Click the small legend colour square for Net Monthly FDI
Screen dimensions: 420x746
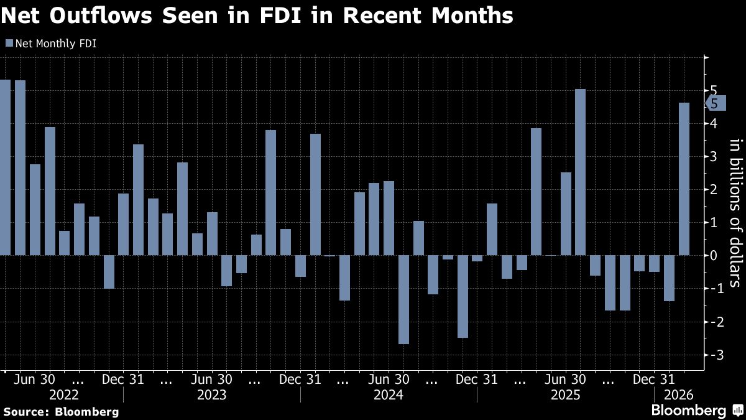pyautogui.click(x=8, y=44)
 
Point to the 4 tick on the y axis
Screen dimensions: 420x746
pyautogui.click(x=713, y=123)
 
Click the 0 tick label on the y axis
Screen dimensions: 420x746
pyautogui.click(x=713, y=255)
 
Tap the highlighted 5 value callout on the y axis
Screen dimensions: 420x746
pyautogui.click(x=715, y=103)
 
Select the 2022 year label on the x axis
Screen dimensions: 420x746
pyautogui.click(x=64, y=394)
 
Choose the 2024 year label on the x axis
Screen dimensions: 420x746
pyautogui.click(x=389, y=394)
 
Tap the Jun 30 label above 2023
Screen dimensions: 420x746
pyautogui.click(x=212, y=380)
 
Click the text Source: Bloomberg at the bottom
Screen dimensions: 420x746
pyautogui.click(x=61, y=412)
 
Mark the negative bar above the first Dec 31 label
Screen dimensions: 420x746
pyautogui.click(x=109, y=272)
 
